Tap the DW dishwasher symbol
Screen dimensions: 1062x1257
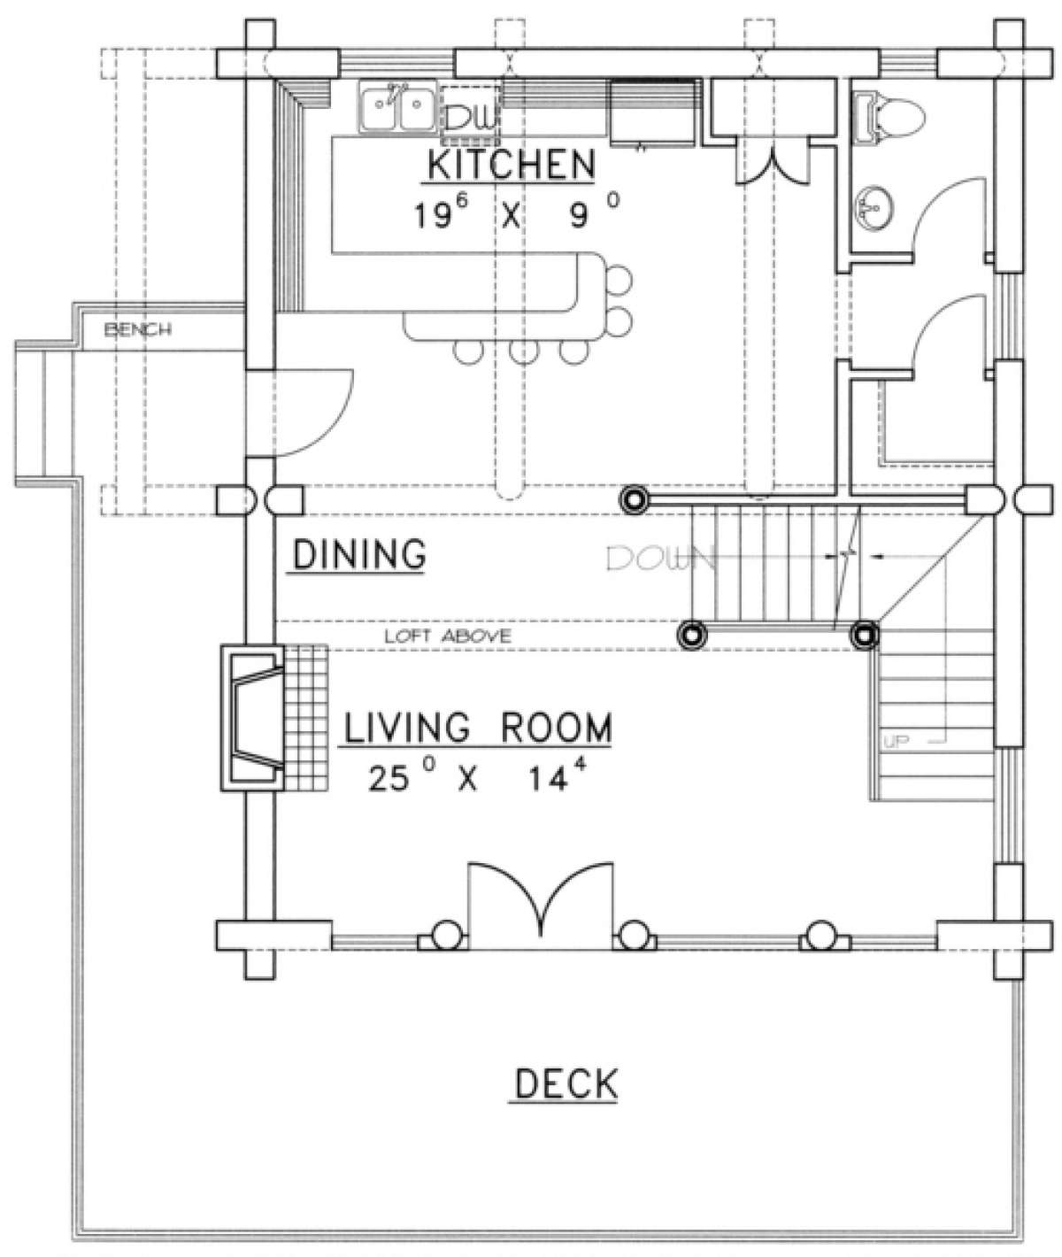pos(471,115)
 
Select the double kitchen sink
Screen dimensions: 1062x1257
pos(397,106)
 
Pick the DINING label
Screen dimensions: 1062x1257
pos(359,554)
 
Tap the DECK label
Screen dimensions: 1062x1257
pos(566,1083)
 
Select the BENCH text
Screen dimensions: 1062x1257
pos(138,329)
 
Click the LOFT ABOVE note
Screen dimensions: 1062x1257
pos(448,636)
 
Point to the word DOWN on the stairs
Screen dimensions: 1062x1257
pos(660,558)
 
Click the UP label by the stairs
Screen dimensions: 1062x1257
pos(896,742)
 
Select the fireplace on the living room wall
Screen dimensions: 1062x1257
pos(252,718)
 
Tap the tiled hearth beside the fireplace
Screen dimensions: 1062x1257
pos(306,718)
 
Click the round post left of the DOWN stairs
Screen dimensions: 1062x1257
pos(635,499)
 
